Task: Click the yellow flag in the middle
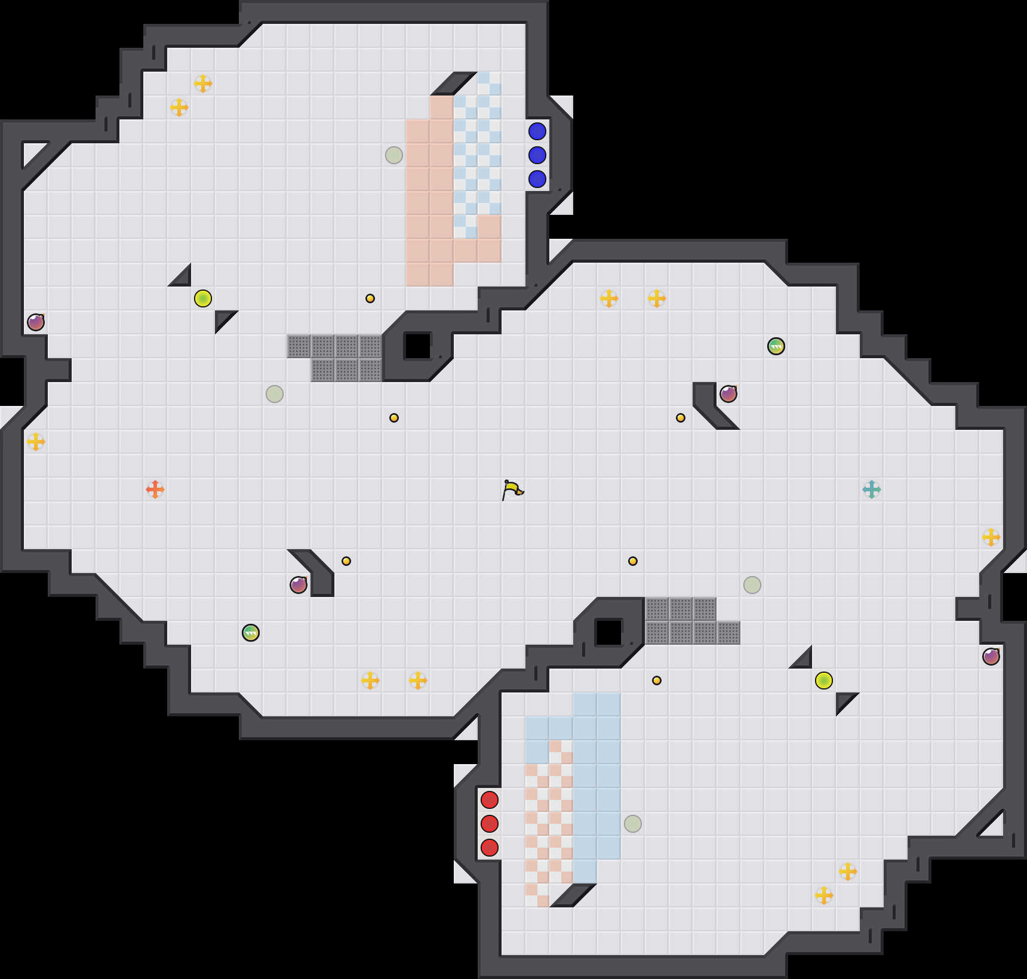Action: pyautogui.click(x=512, y=489)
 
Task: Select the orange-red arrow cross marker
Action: pyautogui.click(x=155, y=489)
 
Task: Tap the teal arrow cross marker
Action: pyautogui.click(x=872, y=489)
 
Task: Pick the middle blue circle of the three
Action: pyautogui.click(x=537, y=155)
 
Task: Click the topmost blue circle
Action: pyautogui.click(x=537, y=131)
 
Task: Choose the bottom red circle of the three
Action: pyautogui.click(x=490, y=848)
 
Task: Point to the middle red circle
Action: pyautogui.click(x=490, y=824)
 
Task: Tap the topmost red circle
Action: pyautogui.click(x=490, y=800)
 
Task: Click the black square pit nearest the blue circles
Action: pyautogui.click(x=418, y=346)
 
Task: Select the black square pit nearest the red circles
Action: pyautogui.click(x=609, y=633)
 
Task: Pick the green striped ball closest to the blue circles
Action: pyautogui.click(x=776, y=346)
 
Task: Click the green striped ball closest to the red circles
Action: pyautogui.click(x=251, y=633)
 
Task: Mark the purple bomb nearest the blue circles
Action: pyautogui.click(x=728, y=394)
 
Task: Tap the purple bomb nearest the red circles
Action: pyautogui.click(x=299, y=585)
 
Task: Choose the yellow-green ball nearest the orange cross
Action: pyautogui.click(x=203, y=298)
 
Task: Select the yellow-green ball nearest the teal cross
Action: pyautogui.click(x=824, y=681)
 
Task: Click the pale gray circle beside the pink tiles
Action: pyautogui.click(x=394, y=155)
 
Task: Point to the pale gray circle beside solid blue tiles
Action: pyautogui.click(x=633, y=824)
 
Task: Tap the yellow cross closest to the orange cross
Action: pyautogui.click(x=36, y=442)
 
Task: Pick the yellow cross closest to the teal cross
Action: pyautogui.click(x=991, y=537)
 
